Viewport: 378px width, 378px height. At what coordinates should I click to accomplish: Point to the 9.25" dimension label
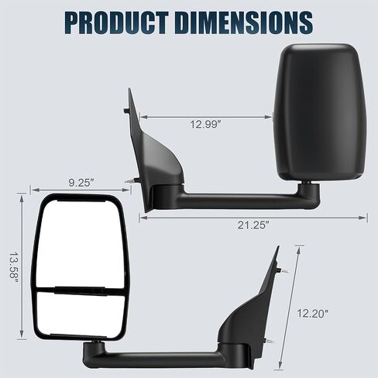pos(80,184)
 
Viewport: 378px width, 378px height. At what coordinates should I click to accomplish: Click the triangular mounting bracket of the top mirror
pos(159,163)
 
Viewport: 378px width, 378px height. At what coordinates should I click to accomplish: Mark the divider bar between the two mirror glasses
pos(77,291)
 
